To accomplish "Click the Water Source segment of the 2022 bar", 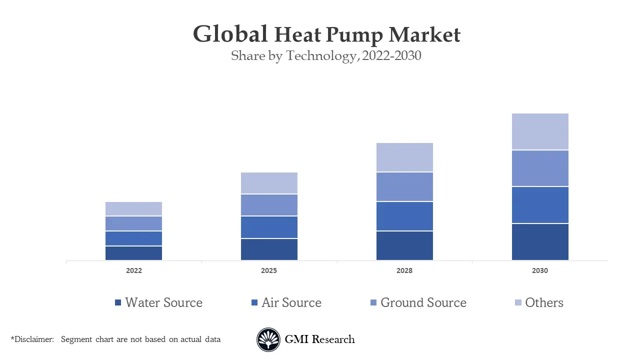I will [133, 253].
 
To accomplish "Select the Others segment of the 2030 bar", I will [540, 131].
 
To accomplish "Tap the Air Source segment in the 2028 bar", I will [404, 216].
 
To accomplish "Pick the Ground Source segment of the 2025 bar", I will [269, 205].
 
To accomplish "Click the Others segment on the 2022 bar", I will [133, 208].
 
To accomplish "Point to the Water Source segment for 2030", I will [540, 241].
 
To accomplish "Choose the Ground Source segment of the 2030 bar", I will [540, 168].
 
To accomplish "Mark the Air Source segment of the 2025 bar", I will [269, 227].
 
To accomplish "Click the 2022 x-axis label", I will [133, 270].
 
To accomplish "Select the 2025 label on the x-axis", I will [269, 270].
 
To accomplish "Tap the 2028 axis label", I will [404, 270].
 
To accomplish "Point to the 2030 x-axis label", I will [540, 270].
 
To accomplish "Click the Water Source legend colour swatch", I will [118, 302].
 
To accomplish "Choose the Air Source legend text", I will [291, 302].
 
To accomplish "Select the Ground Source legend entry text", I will [423, 302].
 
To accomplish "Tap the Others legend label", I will [544, 302].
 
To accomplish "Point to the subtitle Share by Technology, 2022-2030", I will [326, 56].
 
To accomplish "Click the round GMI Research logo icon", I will [268, 339].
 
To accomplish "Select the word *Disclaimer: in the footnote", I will [32, 339].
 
